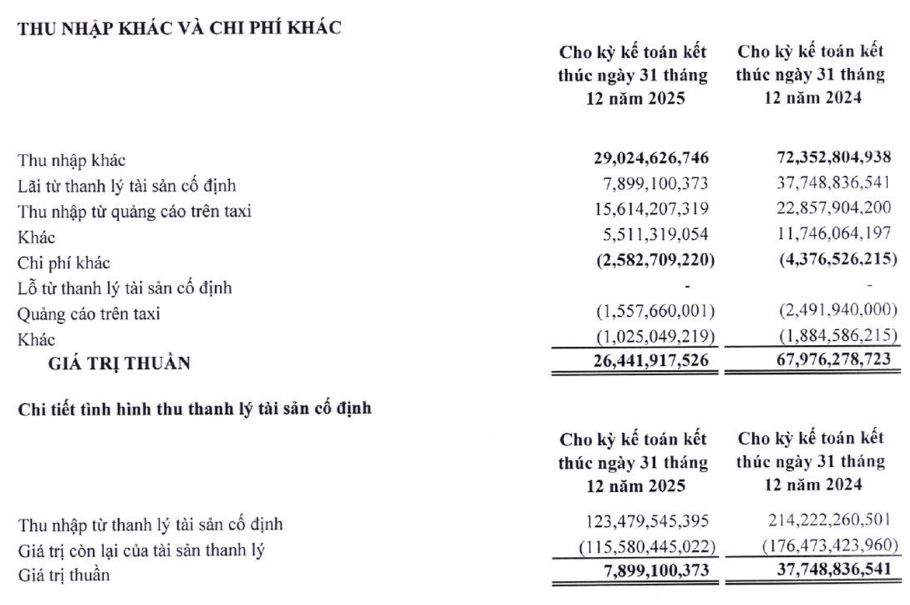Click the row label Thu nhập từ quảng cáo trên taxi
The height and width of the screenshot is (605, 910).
pos(133,212)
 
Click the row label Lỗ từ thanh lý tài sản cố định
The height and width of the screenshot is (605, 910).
pos(124,288)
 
